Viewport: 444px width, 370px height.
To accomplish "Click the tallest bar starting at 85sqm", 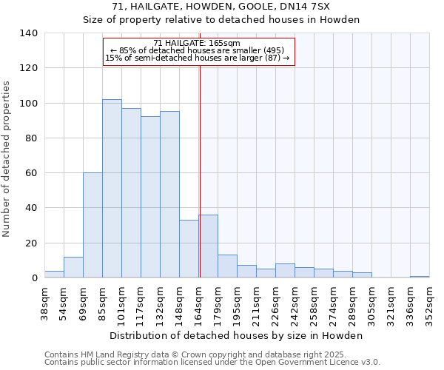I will click(x=112, y=189).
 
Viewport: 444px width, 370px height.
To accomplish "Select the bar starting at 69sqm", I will click(x=92, y=225).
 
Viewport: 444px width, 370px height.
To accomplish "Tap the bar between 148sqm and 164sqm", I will click(x=189, y=249).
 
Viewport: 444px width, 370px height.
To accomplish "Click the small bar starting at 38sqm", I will click(x=54, y=275).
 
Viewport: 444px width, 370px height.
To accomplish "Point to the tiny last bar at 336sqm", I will click(x=420, y=277).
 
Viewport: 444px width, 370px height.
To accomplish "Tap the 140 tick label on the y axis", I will click(x=28, y=33).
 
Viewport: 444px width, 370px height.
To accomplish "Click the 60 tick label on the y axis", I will click(x=31, y=173).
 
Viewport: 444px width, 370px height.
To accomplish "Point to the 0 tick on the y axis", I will click(x=34, y=278).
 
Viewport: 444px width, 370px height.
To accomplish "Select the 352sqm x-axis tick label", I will click(x=429, y=303).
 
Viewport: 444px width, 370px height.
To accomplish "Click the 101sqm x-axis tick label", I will click(x=121, y=303).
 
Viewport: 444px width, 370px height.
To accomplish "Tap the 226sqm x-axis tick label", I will click(x=275, y=303).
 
